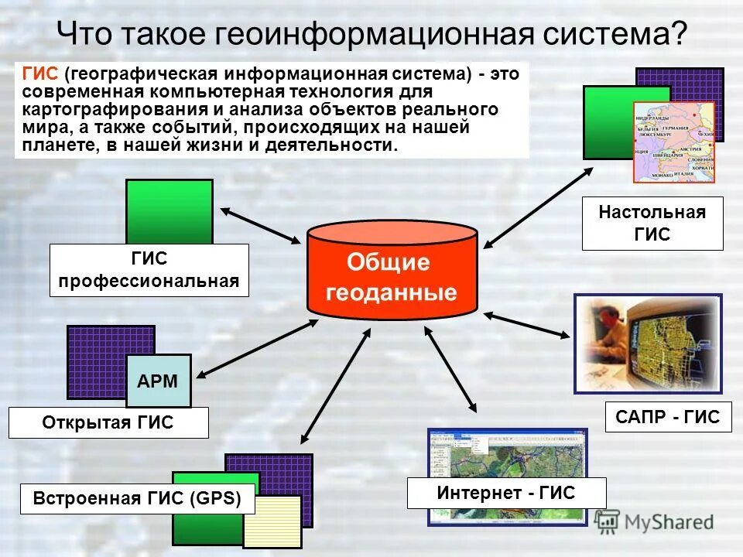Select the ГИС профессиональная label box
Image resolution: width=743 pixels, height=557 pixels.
tap(149, 270)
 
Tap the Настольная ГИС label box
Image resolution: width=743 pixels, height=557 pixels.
tap(652, 223)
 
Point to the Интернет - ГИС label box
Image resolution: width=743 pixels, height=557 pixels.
tap(506, 493)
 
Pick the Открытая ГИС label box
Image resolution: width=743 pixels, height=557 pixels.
tap(108, 423)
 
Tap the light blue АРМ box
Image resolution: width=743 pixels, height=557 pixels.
tap(158, 381)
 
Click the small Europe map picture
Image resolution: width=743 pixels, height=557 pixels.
tap(673, 142)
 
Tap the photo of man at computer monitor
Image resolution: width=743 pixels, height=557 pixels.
tap(647, 343)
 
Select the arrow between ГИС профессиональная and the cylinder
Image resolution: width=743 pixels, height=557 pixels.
tap(260, 226)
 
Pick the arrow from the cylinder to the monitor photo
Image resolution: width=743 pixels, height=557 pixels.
tap(527, 324)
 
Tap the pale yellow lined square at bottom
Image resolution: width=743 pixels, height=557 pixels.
tap(272, 521)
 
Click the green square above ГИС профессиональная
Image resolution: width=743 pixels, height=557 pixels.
tap(169, 211)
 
